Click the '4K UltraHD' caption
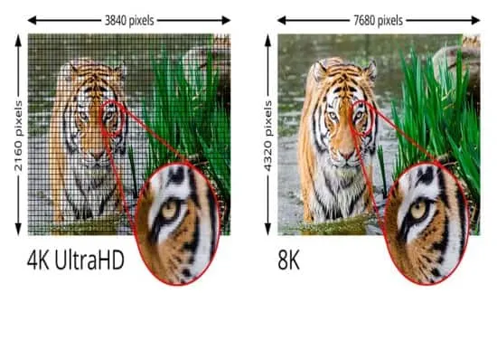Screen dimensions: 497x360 pos(75,260)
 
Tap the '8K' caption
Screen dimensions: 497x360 pos(288,260)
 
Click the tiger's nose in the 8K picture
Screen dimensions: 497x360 pos(347,155)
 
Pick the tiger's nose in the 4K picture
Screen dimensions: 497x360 pos(98,155)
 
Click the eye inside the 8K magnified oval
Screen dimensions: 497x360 pos(418,210)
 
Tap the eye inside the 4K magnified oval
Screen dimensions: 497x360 pos(169,209)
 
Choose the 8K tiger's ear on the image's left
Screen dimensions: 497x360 pos(319,71)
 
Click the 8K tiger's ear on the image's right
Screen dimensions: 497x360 pos(370,71)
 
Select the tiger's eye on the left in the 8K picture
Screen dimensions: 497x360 pos(333,116)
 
